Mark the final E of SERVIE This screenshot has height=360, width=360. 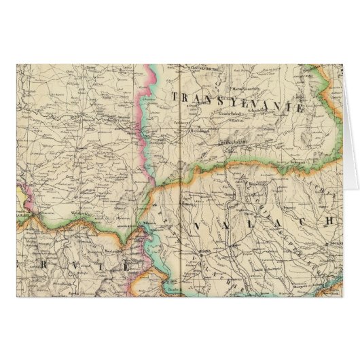pyautogui.click(x=127, y=266)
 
